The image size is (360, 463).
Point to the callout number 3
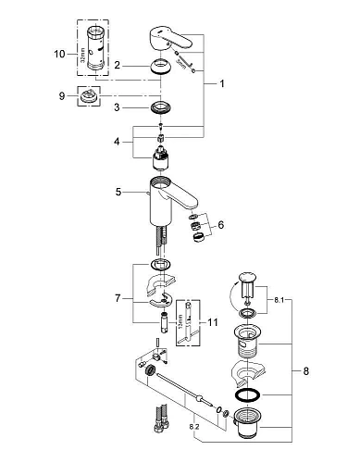tap(118, 108)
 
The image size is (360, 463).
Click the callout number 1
tap(223, 83)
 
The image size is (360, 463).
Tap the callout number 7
tap(118, 300)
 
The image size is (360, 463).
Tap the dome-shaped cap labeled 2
tap(159, 67)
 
